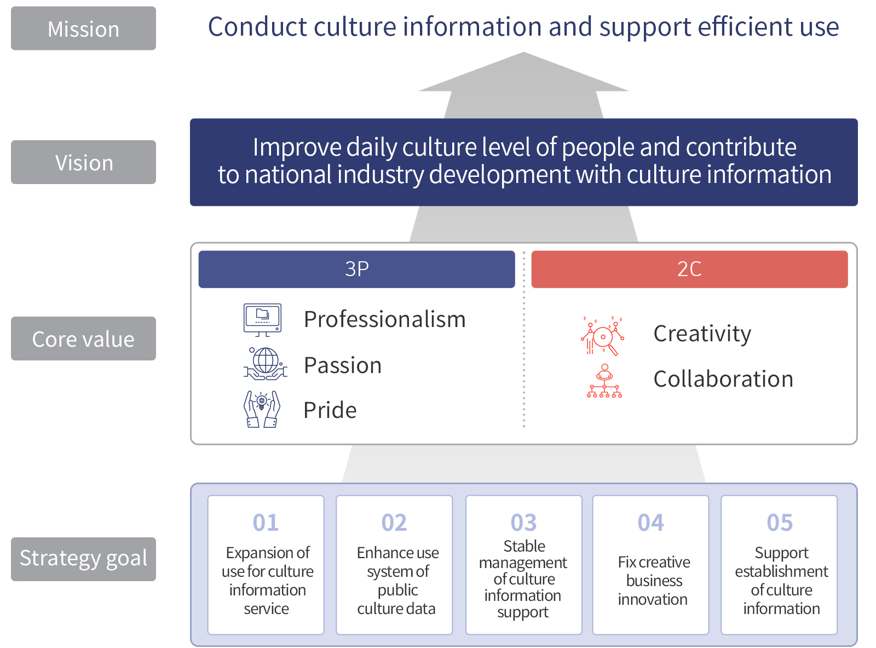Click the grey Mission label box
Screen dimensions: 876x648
83,28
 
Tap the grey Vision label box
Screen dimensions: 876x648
83,162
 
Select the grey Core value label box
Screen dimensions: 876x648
83,338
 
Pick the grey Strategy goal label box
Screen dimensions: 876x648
83,559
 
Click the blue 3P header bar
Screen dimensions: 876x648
356,269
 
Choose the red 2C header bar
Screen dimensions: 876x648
689,269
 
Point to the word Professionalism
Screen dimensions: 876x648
385,319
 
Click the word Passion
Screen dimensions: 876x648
343,365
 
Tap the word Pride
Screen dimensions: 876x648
330,410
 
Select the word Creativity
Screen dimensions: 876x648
702,334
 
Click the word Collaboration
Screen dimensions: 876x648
723,379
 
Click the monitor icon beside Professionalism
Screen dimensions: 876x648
262,320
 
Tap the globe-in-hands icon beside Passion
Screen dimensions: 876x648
265,364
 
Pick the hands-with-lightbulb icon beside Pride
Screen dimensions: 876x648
262,409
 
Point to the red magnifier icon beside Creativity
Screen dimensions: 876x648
602,336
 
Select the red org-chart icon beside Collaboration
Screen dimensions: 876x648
604,381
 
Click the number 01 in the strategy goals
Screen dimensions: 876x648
266,523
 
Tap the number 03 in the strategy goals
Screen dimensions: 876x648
523,523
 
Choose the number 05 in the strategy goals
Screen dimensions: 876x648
779,523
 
